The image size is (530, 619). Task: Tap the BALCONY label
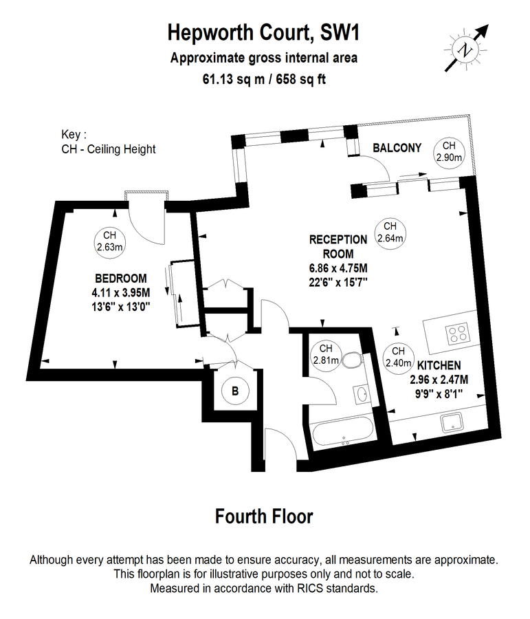pos(397,148)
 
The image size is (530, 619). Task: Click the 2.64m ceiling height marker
pos(390,232)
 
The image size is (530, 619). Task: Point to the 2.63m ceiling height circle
pos(109,241)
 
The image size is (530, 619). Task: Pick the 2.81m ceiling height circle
pos(325,354)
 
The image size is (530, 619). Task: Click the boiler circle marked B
pos(235,391)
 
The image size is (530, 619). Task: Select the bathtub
pos(341,434)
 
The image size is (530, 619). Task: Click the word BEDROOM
pos(121,279)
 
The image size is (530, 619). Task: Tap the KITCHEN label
pos(439,365)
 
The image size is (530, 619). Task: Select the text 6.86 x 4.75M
pos(338,268)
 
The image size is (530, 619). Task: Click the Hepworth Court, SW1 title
pos(264,32)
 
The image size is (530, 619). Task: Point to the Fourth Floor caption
pos(264,516)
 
